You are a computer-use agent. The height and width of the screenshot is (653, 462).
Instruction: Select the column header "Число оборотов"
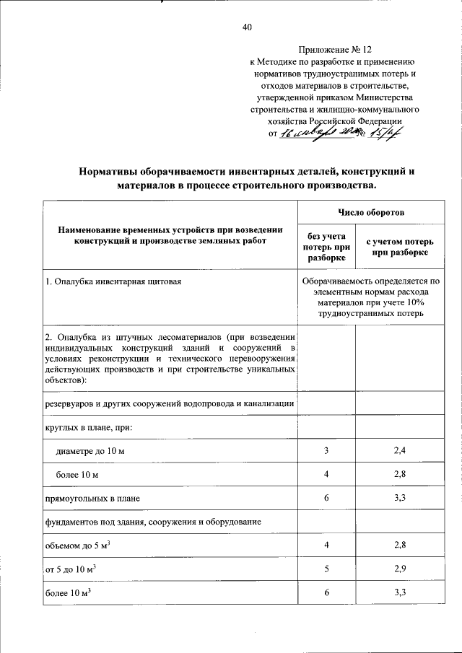pyautogui.click(x=371, y=214)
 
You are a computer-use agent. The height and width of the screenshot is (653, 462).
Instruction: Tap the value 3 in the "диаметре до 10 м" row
pyautogui.click(x=326, y=451)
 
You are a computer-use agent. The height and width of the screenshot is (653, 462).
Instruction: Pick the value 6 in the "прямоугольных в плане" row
pyautogui.click(x=326, y=498)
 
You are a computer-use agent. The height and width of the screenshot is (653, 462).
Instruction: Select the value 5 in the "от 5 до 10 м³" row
pyautogui.click(x=326, y=569)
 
